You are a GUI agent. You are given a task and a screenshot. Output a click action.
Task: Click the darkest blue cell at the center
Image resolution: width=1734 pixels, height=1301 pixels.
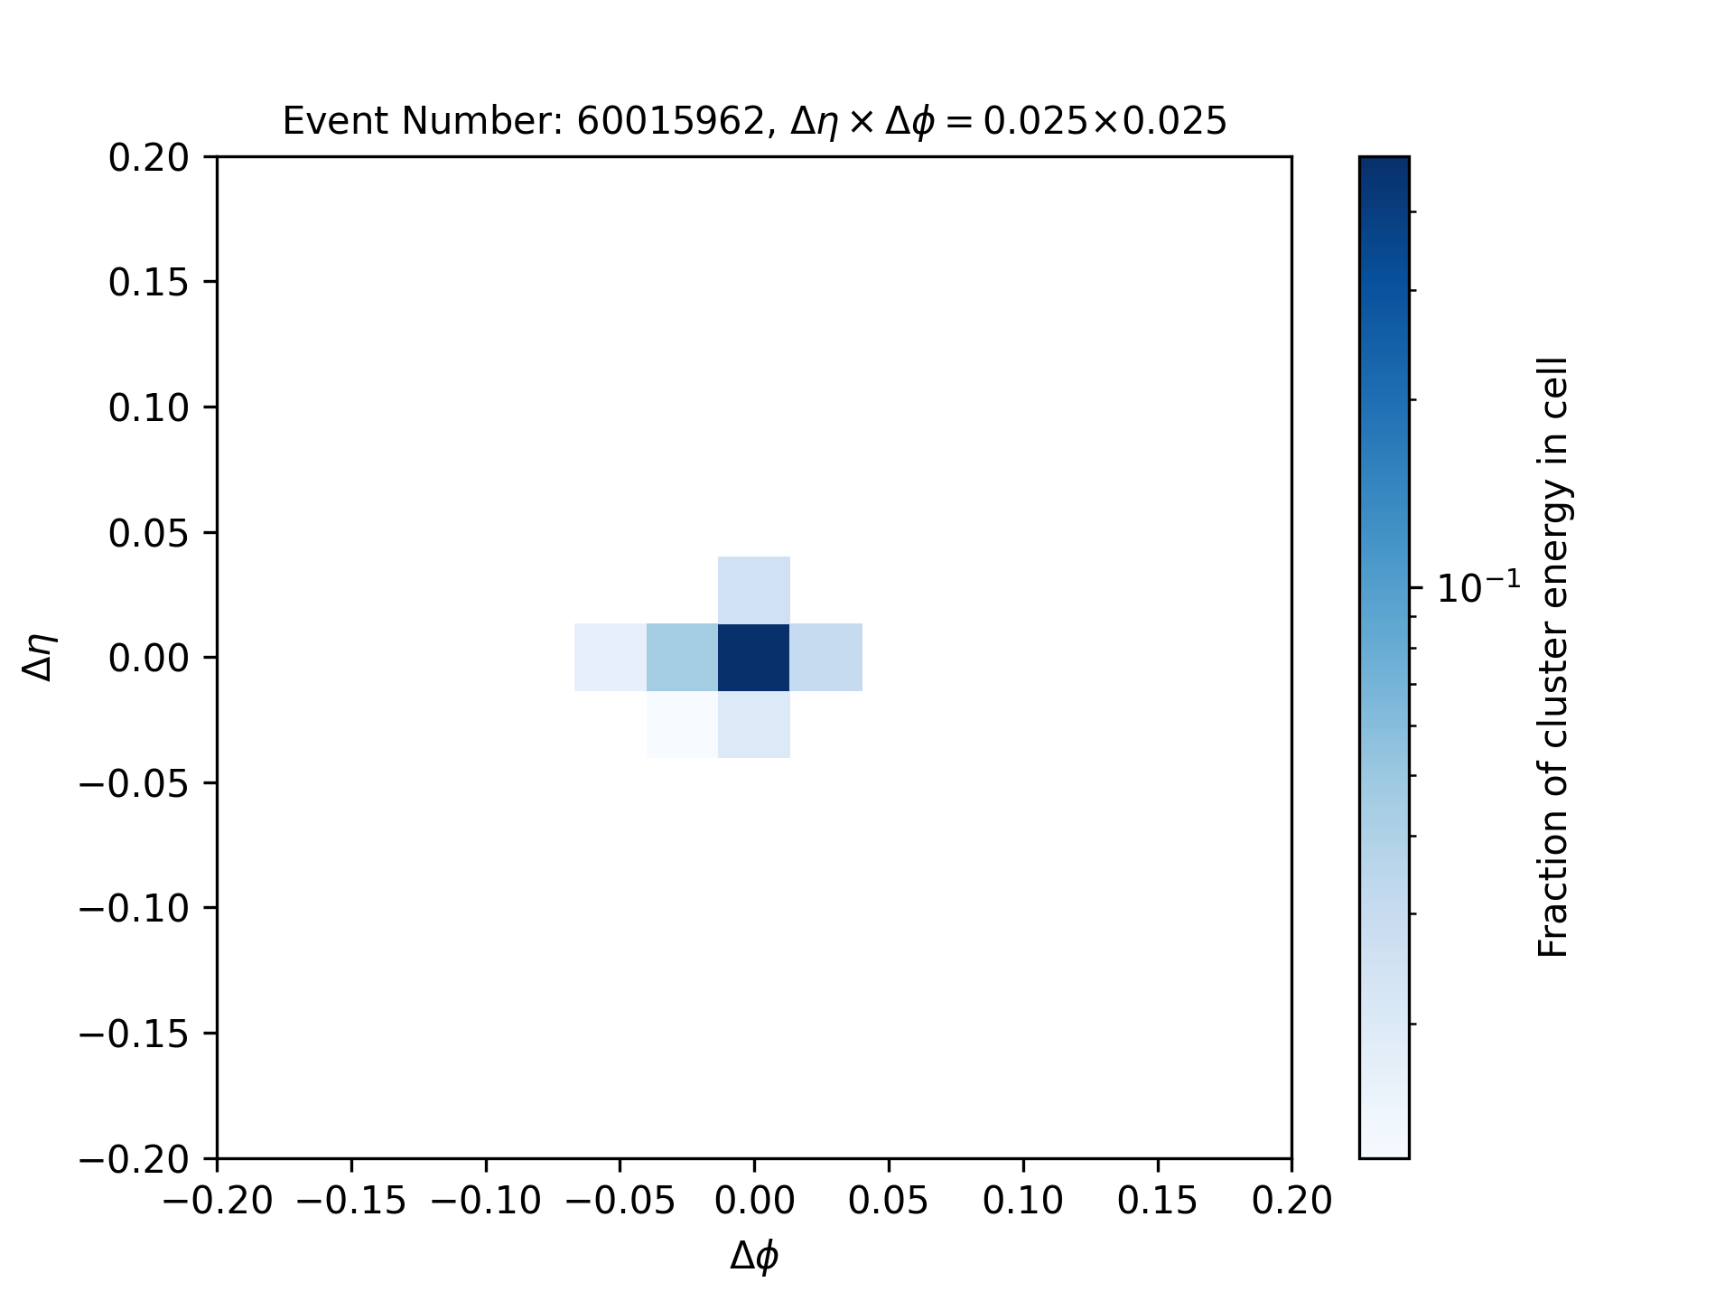click(x=754, y=658)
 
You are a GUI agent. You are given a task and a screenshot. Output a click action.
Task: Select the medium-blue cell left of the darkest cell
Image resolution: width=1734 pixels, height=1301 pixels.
click(x=683, y=658)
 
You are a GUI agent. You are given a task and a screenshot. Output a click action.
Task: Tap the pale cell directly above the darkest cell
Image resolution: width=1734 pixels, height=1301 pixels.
click(x=754, y=590)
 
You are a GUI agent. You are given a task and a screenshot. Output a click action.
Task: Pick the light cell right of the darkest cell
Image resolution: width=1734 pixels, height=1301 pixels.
click(x=826, y=658)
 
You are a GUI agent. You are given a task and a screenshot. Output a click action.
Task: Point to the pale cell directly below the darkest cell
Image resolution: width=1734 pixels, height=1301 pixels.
click(x=754, y=725)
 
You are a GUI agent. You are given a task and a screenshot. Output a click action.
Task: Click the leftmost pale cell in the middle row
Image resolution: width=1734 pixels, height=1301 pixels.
click(x=611, y=658)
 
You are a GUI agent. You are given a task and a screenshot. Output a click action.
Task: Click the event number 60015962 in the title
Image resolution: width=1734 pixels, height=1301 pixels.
click(x=671, y=121)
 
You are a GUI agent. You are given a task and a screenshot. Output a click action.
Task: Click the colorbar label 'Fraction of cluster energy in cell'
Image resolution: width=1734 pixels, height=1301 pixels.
click(x=1552, y=657)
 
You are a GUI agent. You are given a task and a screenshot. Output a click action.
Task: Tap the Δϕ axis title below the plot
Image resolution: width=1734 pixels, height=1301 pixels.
click(x=755, y=1257)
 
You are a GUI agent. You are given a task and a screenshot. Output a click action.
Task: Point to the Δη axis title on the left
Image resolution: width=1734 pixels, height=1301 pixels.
click(x=41, y=657)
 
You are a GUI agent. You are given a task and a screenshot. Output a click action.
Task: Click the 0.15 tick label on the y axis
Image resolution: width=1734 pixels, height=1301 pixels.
click(x=149, y=283)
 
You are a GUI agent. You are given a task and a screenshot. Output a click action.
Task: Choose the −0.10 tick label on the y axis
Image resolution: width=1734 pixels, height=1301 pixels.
click(x=135, y=908)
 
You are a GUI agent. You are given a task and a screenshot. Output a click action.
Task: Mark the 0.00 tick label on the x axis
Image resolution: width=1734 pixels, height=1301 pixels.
click(x=754, y=1201)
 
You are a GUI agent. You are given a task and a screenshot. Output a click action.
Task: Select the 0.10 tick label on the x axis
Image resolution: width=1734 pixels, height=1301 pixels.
click(x=1023, y=1201)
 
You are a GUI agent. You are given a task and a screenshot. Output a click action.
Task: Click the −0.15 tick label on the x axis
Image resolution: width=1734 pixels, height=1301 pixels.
click(x=351, y=1201)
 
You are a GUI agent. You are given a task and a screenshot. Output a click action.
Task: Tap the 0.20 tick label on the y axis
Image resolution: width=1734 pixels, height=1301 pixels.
click(x=149, y=158)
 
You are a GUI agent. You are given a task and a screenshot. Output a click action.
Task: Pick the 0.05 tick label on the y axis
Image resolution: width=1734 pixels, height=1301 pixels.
click(x=149, y=533)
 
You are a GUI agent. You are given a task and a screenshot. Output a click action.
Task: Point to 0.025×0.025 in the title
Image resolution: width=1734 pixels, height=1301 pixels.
click(x=1105, y=121)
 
